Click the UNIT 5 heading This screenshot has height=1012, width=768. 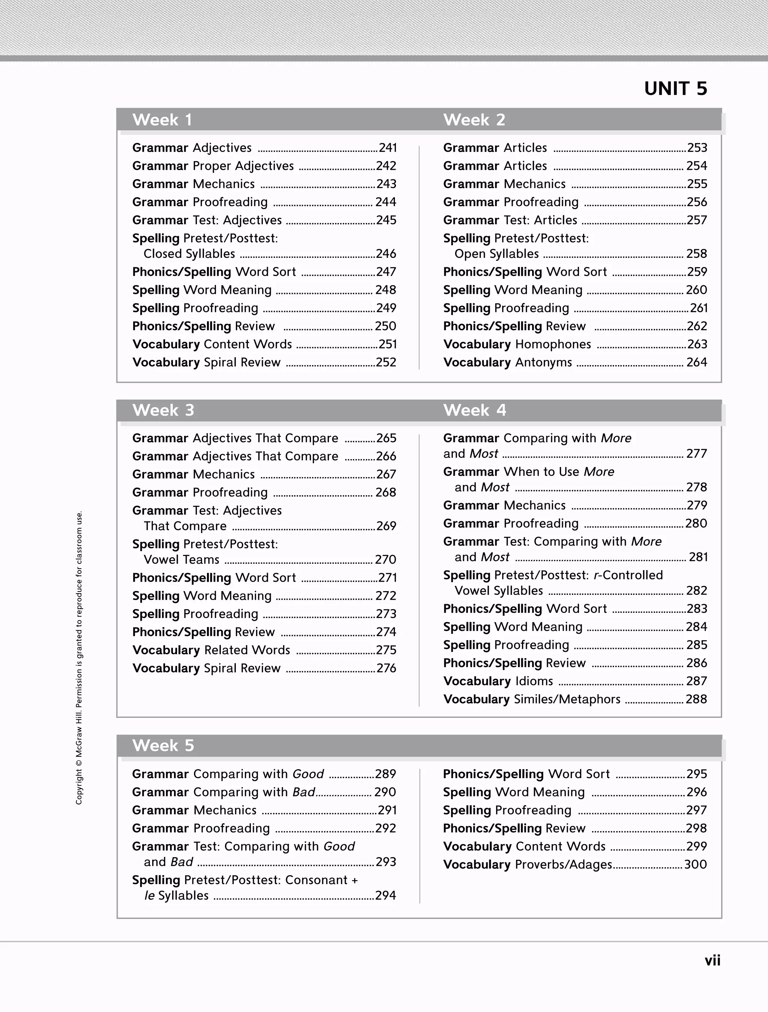click(x=675, y=88)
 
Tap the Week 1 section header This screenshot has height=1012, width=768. click(x=162, y=120)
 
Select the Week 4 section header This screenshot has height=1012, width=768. click(x=475, y=410)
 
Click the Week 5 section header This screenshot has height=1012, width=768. click(x=163, y=745)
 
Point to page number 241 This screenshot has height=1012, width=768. click(x=387, y=148)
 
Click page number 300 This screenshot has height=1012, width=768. click(x=695, y=864)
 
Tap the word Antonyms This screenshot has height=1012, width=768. click(x=543, y=362)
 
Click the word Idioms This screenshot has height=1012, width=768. click(x=534, y=681)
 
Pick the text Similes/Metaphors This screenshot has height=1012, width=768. click(x=567, y=699)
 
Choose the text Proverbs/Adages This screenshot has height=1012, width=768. click(x=563, y=864)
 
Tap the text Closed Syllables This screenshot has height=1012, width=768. click(x=189, y=254)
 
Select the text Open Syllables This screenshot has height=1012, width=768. click(x=496, y=254)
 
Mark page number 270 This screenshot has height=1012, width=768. click(x=385, y=560)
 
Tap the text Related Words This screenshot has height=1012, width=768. click(x=247, y=650)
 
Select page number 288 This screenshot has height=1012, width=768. click(x=696, y=699)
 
